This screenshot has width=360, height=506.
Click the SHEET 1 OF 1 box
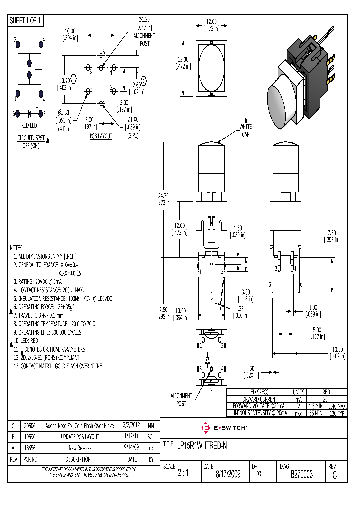click(26, 21)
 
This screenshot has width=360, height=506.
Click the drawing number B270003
click(301, 474)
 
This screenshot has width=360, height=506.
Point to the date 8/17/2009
click(227, 474)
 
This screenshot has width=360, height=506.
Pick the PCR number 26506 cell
click(29, 426)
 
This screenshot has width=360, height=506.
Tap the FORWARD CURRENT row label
click(259, 399)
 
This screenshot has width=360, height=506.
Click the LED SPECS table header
click(259, 392)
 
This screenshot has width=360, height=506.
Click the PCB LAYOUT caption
click(101, 136)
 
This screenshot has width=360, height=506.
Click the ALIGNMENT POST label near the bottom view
click(181, 399)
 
